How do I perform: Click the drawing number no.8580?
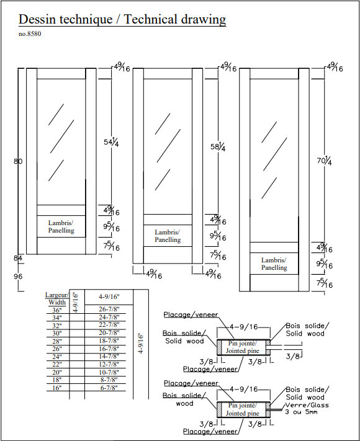pyautogui.click(x=30, y=34)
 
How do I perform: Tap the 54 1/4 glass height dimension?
pyautogui.click(x=111, y=142)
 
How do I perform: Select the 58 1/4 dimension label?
pyautogui.click(x=218, y=147)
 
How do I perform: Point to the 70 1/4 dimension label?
pyautogui.click(x=324, y=161)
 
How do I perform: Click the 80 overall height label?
pyautogui.click(x=18, y=161)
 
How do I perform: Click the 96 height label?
pyautogui.click(x=18, y=276)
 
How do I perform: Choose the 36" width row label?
pyautogui.click(x=57, y=310)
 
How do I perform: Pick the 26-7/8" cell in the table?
pyautogui.click(x=109, y=309)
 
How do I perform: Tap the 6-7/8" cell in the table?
pyautogui.click(x=109, y=388)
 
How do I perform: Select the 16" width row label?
pyautogui.click(x=57, y=388)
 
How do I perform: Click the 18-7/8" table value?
pyautogui.click(x=109, y=341)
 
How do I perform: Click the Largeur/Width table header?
pyautogui.click(x=57, y=299)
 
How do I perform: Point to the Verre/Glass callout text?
pyautogui.click(x=307, y=405)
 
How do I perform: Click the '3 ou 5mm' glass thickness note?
pyautogui.click(x=301, y=412)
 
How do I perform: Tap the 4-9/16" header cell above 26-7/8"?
pyautogui.click(x=109, y=296)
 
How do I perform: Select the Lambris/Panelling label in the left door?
pyautogui.click(x=61, y=226)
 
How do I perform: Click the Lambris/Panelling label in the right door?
pyautogui.click(x=274, y=264)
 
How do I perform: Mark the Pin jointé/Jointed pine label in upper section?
pyautogui.click(x=242, y=347)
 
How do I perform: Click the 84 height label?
pyautogui.click(x=18, y=258)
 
